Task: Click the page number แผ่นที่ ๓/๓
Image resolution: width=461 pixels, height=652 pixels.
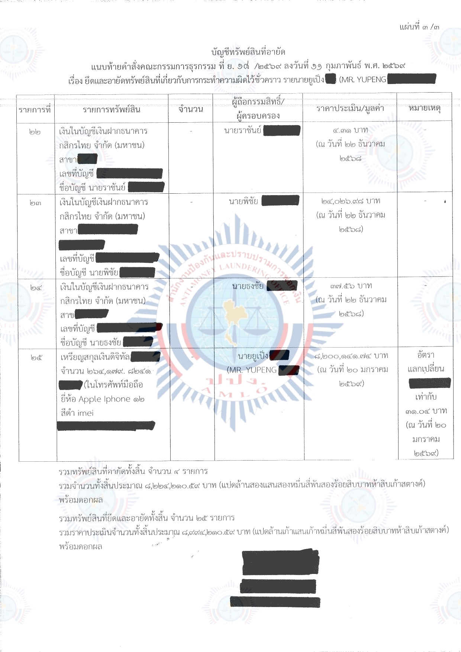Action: tap(419, 27)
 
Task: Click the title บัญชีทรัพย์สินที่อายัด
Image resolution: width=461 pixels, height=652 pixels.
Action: tap(248, 52)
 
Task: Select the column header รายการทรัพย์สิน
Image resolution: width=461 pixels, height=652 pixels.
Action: tap(111, 110)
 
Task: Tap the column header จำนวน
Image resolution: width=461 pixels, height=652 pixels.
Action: tap(191, 109)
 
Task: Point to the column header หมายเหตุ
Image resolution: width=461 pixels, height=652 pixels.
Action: tap(424, 108)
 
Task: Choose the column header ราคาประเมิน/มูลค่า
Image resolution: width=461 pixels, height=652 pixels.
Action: tap(350, 109)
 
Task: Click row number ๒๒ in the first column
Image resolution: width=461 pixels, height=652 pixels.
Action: tap(35, 132)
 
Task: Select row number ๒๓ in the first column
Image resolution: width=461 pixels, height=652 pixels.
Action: tap(35, 203)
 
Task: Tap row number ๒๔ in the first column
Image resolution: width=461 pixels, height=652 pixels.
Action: tap(36, 288)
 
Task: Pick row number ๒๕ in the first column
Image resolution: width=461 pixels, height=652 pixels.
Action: tap(36, 358)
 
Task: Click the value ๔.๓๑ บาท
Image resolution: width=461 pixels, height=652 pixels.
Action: tap(350, 130)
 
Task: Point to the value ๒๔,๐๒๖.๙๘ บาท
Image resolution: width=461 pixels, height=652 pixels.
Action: tap(351, 201)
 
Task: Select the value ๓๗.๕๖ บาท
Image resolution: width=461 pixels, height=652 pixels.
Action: tap(351, 286)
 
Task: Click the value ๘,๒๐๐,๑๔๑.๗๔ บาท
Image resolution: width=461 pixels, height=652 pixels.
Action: tap(351, 356)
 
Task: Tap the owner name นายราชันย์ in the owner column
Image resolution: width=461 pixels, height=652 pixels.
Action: tap(242, 130)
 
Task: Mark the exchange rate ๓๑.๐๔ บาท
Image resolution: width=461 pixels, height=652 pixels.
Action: tap(426, 411)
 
